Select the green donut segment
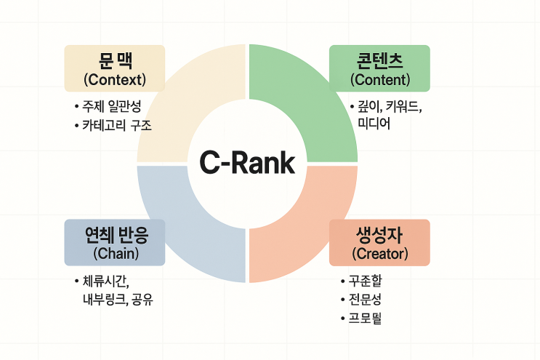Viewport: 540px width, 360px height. tap(305, 95)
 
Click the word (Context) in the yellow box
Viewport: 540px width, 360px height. tap(115, 78)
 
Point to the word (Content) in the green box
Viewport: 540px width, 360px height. tap(379, 79)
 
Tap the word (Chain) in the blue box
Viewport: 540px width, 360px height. tap(116, 253)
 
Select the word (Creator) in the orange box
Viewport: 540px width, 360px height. tap(379, 254)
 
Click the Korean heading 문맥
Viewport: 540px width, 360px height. tap(115, 60)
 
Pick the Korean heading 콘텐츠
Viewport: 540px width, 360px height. tap(379, 60)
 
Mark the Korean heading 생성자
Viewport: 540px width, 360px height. tap(379, 234)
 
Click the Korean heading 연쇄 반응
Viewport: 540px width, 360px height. tap(115, 234)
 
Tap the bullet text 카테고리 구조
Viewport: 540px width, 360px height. tap(118, 125)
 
